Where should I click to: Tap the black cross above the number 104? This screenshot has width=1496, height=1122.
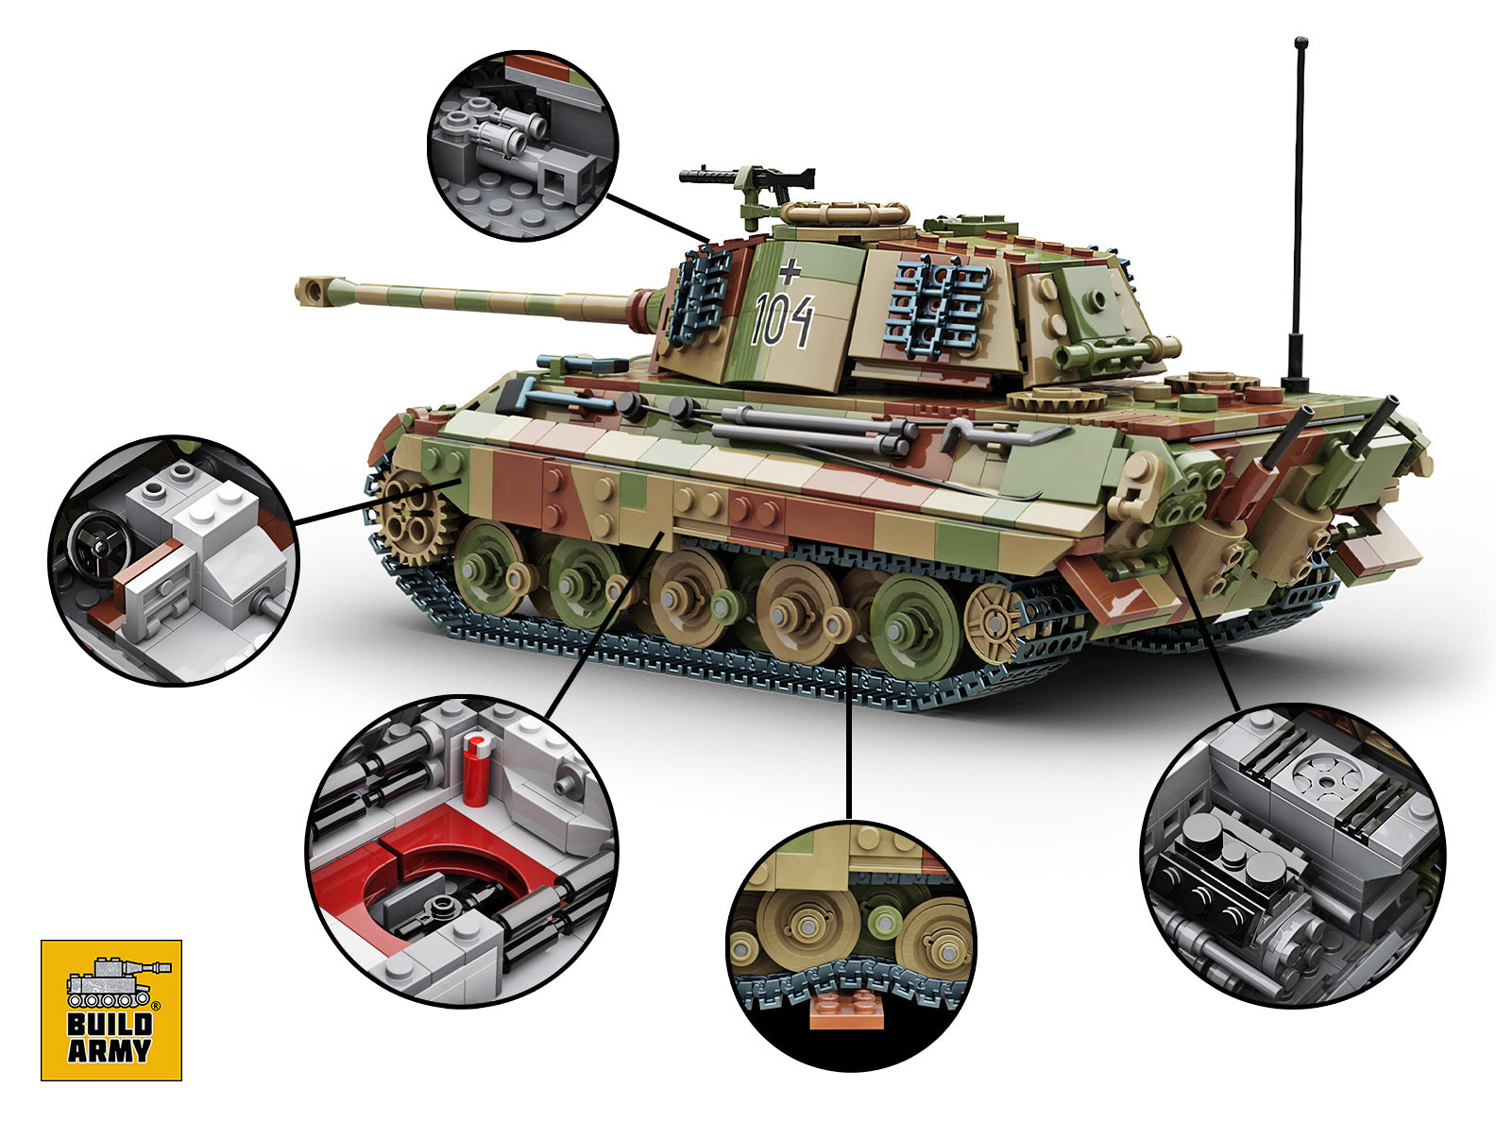click(x=790, y=272)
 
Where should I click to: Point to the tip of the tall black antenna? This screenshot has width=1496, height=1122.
click(x=1300, y=43)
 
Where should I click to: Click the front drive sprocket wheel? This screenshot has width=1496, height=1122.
click(x=413, y=515)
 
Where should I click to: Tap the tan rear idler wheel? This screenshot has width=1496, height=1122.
click(x=994, y=621)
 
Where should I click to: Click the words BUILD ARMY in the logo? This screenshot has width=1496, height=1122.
click(x=110, y=1037)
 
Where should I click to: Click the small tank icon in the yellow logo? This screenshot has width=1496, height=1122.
click(x=111, y=982)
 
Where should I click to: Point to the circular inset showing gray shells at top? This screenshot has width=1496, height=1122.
click(x=522, y=145)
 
